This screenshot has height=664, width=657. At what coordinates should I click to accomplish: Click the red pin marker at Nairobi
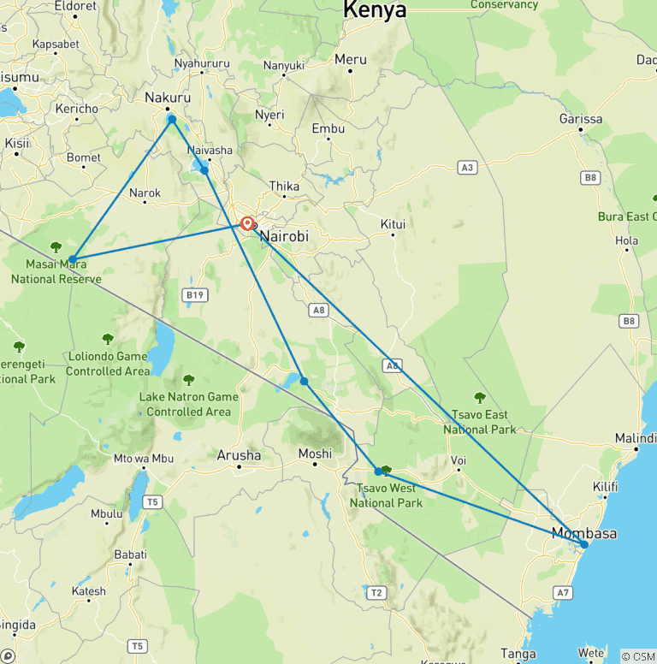click(246, 223)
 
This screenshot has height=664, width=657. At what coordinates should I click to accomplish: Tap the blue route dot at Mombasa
click(583, 544)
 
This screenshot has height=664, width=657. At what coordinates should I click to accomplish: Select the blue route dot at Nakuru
click(172, 119)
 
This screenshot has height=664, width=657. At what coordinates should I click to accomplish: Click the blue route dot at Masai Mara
click(73, 259)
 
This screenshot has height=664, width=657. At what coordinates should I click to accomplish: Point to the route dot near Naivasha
click(204, 170)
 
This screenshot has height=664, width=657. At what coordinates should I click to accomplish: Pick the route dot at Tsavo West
click(378, 471)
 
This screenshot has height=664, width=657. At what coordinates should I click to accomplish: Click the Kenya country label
click(375, 10)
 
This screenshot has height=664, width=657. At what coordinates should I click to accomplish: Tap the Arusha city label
click(239, 455)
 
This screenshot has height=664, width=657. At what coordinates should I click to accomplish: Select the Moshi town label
click(314, 454)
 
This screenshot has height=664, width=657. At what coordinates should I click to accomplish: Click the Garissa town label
click(581, 119)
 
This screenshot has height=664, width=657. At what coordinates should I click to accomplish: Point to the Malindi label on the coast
click(636, 438)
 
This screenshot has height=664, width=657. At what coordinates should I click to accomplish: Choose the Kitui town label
click(393, 224)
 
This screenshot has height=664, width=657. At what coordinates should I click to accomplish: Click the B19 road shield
click(195, 295)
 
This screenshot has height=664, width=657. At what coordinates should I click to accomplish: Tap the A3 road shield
click(467, 168)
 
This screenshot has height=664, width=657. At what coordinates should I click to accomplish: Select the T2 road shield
click(376, 592)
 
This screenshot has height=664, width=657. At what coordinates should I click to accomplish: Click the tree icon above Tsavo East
click(480, 397)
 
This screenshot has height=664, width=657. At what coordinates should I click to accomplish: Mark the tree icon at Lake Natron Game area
click(189, 379)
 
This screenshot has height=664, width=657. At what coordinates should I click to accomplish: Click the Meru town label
click(351, 60)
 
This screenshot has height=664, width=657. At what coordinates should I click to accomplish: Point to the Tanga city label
click(518, 655)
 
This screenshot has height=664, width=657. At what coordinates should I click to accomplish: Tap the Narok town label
click(145, 193)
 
